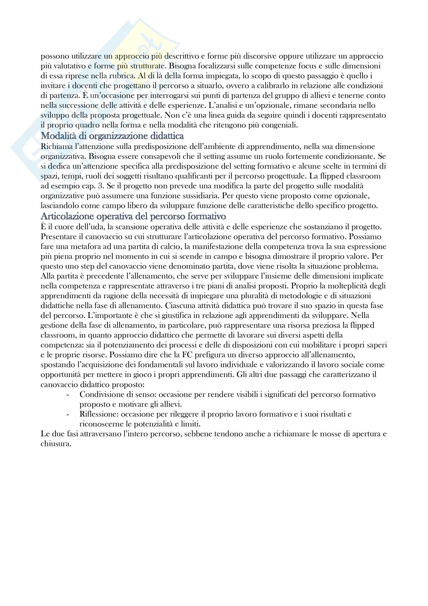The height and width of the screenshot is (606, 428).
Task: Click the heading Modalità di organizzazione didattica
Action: (x=112, y=136)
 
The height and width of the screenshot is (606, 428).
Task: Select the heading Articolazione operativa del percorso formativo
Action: (x=133, y=216)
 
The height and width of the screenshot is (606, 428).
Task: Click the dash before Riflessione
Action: (x=68, y=414)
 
